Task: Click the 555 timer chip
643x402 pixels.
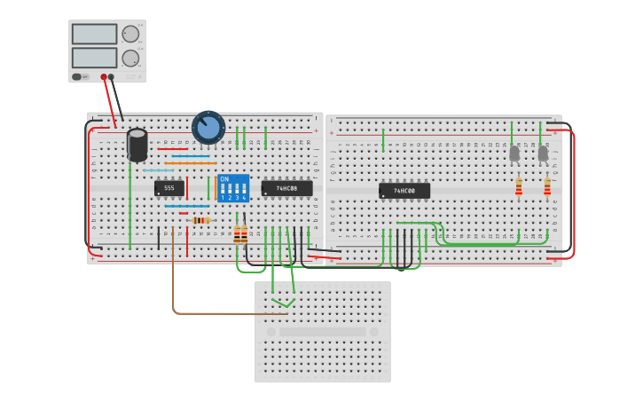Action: (x=169, y=188)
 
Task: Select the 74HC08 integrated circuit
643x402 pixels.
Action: (x=286, y=188)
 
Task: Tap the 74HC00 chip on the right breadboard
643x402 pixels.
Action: (x=404, y=191)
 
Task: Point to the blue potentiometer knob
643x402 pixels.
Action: (x=208, y=128)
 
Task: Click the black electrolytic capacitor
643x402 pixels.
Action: (x=137, y=146)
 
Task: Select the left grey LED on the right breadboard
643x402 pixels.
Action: (x=514, y=154)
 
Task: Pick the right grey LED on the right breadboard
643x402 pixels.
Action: (x=543, y=154)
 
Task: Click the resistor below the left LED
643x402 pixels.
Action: (x=519, y=186)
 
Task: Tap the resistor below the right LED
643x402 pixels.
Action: (x=547, y=186)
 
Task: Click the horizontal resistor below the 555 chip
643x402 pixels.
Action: (x=200, y=220)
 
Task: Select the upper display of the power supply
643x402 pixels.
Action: (x=94, y=34)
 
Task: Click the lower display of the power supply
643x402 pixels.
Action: (x=94, y=58)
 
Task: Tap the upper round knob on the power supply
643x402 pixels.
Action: (x=130, y=35)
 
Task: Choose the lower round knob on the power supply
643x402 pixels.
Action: (x=130, y=59)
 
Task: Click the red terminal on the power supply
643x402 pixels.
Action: (x=104, y=77)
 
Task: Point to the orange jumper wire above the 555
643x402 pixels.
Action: (x=190, y=163)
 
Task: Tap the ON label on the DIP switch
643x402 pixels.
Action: (x=223, y=179)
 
